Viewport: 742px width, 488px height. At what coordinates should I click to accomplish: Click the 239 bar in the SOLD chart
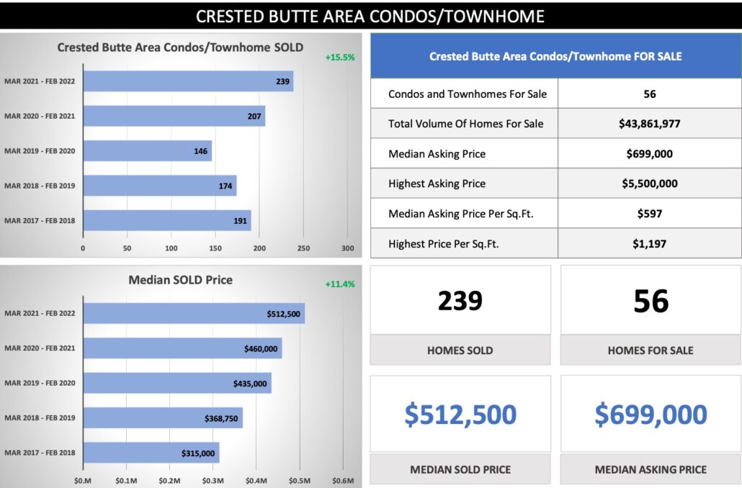point(188,81)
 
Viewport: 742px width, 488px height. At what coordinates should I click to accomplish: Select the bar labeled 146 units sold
point(147,151)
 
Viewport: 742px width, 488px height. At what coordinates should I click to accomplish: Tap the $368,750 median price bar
point(163,417)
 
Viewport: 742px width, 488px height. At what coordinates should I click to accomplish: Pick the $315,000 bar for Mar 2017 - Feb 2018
point(151,453)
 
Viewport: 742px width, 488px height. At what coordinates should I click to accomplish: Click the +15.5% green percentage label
point(339,57)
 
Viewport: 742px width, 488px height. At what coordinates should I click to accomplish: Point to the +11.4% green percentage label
point(339,284)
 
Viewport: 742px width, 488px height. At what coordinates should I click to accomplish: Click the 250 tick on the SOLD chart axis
point(304,248)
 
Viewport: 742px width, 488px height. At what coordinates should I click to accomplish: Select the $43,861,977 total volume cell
point(649,124)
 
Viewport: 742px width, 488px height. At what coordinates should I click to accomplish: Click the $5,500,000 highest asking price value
point(649,184)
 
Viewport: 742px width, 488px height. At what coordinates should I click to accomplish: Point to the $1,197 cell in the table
point(649,244)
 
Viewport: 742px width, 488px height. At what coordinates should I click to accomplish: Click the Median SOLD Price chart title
point(180,279)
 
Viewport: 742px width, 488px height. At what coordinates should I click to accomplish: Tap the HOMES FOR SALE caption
point(651,351)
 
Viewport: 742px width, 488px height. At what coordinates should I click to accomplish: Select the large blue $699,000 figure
point(651,415)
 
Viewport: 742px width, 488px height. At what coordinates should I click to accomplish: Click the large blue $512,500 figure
point(460,415)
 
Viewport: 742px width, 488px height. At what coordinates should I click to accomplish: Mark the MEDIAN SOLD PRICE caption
point(460,469)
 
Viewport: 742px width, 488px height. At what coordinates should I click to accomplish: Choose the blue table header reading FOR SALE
point(555,56)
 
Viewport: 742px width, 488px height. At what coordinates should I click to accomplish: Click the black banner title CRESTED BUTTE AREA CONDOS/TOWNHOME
point(370,16)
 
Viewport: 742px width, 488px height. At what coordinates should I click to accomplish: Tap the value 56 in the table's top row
point(649,94)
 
